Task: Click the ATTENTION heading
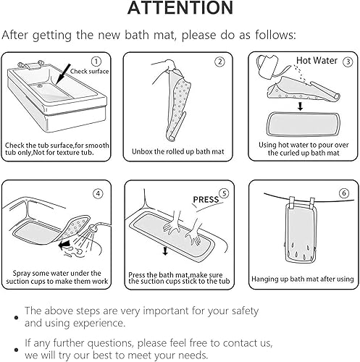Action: point(180,8)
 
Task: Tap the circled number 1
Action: point(96,62)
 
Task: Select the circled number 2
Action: point(219,62)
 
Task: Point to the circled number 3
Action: point(348,62)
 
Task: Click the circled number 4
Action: point(98,193)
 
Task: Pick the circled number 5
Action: point(225,193)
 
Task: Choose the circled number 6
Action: point(344,193)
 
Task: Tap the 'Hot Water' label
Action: point(317,60)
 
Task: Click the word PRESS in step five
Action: point(206,200)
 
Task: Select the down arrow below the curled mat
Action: point(300,106)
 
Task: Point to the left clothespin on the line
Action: point(292,201)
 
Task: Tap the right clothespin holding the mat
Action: point(312,202)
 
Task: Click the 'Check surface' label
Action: point(89,72)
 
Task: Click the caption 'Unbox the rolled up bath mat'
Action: point(178,151)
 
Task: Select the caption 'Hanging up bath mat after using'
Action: point(303,279)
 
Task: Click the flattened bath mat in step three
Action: point(304,125)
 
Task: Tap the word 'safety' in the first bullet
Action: point(245,311)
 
